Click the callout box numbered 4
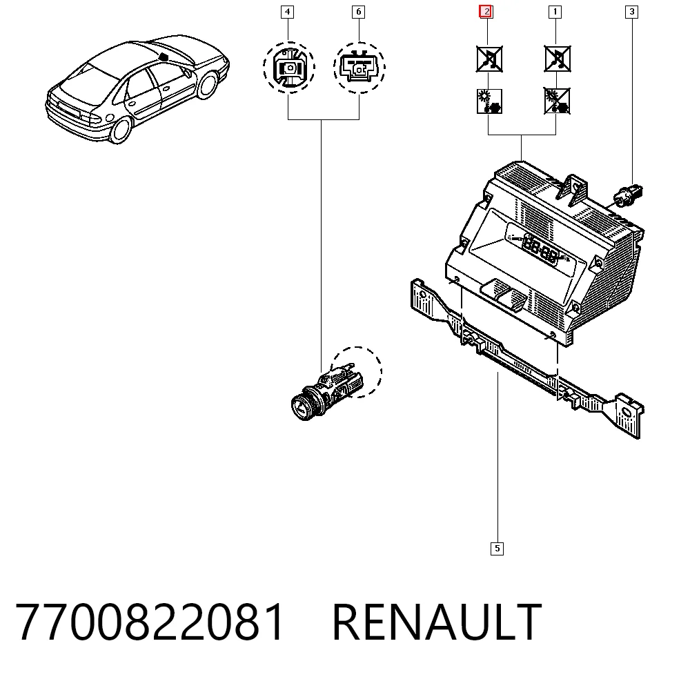(x=287, y=12)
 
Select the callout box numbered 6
(x=359, y=12)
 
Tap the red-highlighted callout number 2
(x=486, y=12)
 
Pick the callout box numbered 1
(x=555, y=12)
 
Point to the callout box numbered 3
(x=632, y=12)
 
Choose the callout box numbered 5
(x=497, y=549)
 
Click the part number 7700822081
(x=150, y=622)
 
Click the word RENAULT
(x=437, y=622)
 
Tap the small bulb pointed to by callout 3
(x=629, y=195)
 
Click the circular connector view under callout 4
(x=289, y=68)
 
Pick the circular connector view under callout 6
(x=359, y=68)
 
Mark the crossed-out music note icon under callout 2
(x=489, y=59)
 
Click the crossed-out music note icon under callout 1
(x=557, y=59)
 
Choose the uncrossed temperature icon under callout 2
(x=489, y=101)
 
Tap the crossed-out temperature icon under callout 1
(x=557, y=101)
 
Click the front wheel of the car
(x=207, y=85)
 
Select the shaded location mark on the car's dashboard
(x=164, y=57)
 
